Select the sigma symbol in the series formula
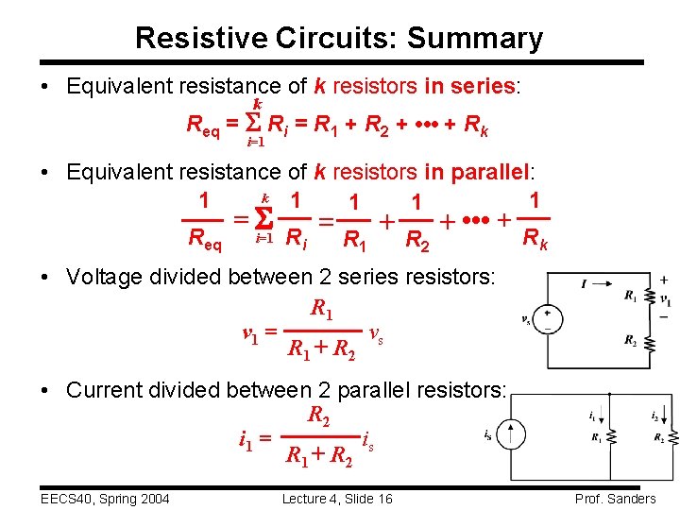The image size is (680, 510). click(252, 123)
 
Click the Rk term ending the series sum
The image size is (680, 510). click(476, 124)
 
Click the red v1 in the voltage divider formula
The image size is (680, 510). click(250, 333)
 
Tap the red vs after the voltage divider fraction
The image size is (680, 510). click(376, 333)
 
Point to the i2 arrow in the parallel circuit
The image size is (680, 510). click(665, 416)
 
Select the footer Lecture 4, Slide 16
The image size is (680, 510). click(337, 499)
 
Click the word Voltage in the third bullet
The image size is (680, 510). click(102, 277)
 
